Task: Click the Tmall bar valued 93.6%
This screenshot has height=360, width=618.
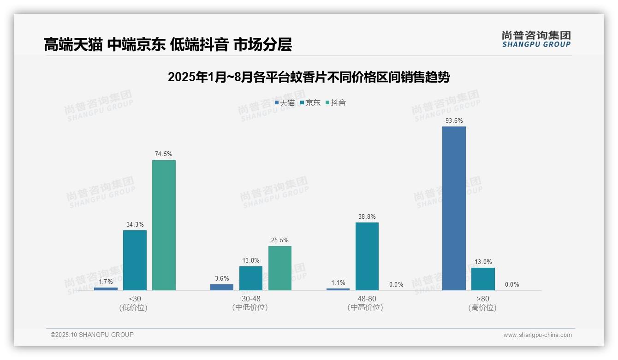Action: point(454,208)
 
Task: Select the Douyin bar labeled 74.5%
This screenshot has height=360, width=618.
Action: point(164,225)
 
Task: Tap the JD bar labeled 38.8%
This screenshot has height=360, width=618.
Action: point(367,256)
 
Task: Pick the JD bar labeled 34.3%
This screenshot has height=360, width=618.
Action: point(135,260)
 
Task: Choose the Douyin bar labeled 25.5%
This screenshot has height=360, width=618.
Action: point(280,268)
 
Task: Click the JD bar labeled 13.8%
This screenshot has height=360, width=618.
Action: point(251,278)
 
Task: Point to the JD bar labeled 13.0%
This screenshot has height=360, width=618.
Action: point(483,279)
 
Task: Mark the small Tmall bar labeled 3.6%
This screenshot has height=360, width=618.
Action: point(222,287)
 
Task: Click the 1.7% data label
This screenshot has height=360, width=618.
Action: point(106,281)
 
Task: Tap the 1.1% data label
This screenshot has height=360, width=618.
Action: point(338,282)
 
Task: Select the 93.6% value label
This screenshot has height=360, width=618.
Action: point(454,121)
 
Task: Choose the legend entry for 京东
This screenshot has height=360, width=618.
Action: point(310,103)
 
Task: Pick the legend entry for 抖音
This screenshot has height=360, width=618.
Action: point(336,103)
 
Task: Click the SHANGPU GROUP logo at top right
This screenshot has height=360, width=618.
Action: point(536,39)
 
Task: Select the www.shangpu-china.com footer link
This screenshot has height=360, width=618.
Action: point(537,335)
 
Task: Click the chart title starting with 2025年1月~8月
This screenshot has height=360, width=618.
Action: point(309,77)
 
